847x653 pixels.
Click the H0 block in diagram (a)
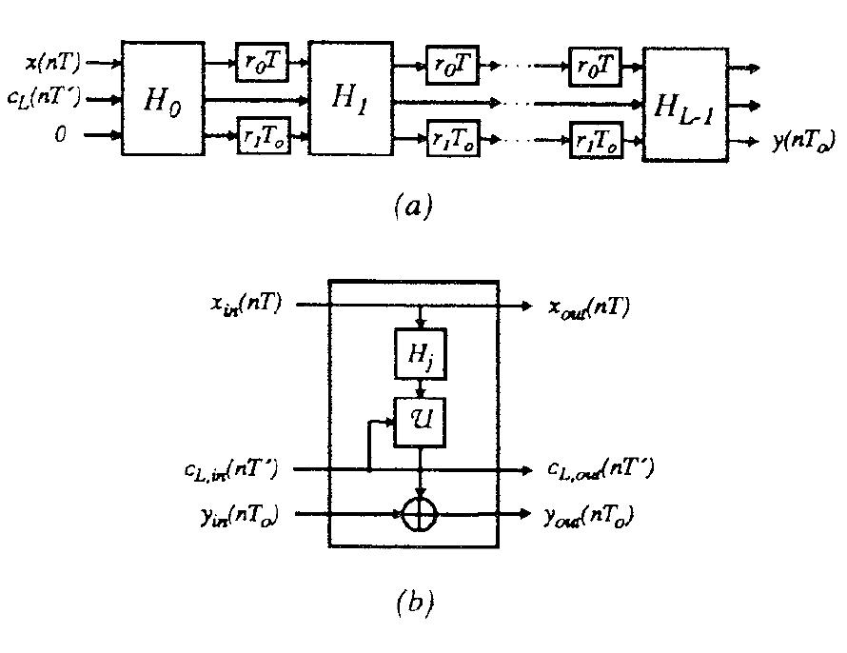click(162, 99)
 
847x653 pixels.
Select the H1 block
click(351, 99)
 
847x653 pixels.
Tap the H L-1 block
click(684, 104)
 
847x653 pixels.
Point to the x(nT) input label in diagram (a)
click(53, 64)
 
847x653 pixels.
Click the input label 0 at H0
click(61, 135)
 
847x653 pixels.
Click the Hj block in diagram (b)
click(420, 356)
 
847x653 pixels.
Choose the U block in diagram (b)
click(420, 419)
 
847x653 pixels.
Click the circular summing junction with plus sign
click(420, 515)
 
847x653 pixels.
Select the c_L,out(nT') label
click(600, 469)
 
